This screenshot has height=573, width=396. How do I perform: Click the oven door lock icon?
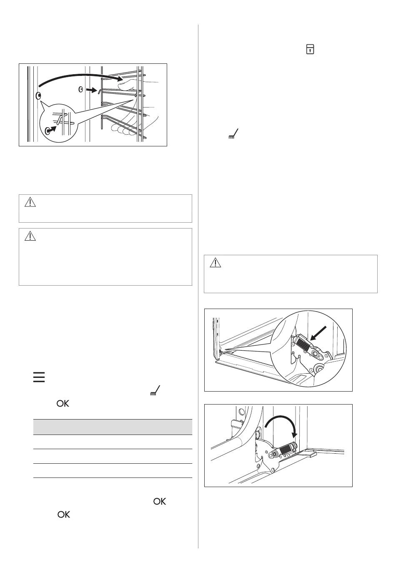click(310, 49)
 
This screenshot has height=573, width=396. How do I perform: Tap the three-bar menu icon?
click(39, 377)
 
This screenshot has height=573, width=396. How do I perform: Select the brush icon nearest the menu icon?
click(155, 391)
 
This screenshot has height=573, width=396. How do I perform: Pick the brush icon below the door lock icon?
click(233, 134)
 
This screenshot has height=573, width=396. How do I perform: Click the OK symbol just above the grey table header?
click(63, 403)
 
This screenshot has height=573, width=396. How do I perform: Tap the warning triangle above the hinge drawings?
click(215, 262)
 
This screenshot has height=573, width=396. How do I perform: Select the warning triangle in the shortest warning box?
click(30, 202)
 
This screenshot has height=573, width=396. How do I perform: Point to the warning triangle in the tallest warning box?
click(30, 236)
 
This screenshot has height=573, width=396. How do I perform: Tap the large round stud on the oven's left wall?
click(39, 96)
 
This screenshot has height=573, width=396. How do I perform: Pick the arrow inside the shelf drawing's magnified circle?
click(52, 129)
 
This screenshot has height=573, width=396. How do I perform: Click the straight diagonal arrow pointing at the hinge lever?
click(318, 333)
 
